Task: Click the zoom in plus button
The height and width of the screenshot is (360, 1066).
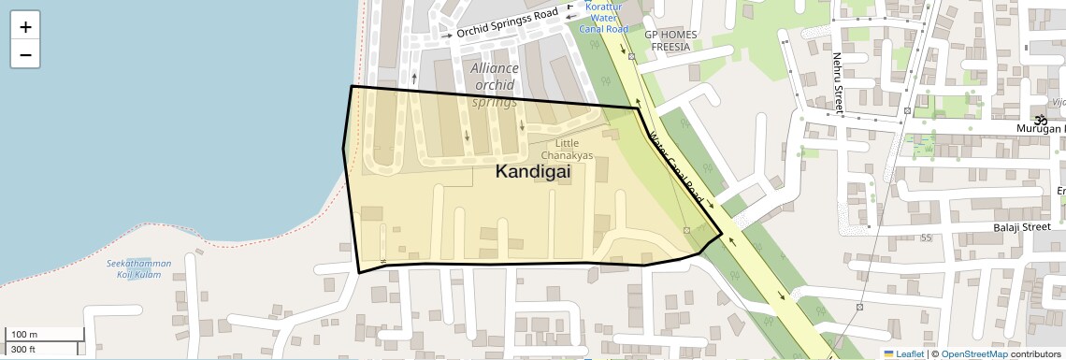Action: (25, 27)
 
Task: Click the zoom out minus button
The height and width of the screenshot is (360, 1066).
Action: (25, 55)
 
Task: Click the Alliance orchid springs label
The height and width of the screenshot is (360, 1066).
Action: (495, 85)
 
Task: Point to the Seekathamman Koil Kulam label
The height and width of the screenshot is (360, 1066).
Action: (138, 269)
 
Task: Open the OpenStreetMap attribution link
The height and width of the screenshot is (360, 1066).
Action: (973, 354)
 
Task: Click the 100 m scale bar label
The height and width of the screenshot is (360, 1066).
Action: (24, 335)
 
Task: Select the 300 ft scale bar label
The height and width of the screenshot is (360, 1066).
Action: (23, 350)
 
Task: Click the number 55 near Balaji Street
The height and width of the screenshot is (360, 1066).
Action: (926, 238)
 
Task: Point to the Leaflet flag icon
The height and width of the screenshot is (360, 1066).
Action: (888, 354)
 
